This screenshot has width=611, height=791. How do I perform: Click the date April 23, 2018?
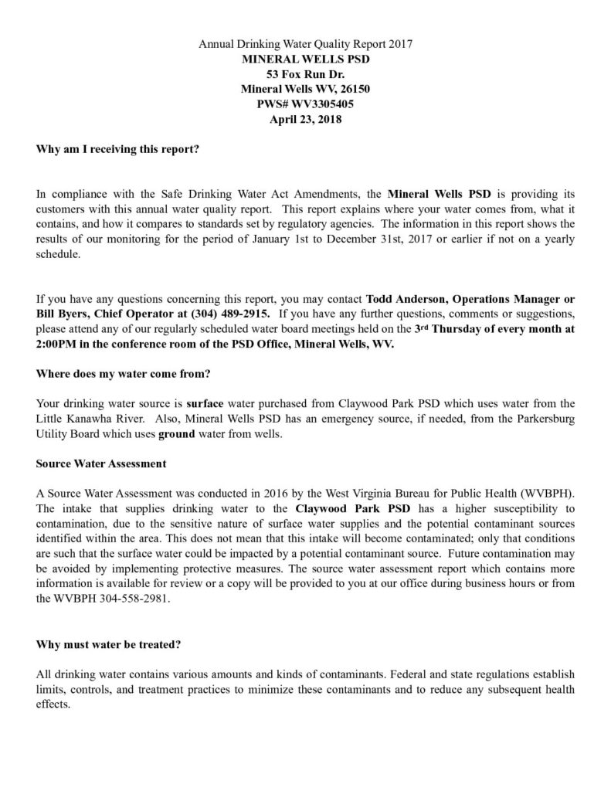[305, 119]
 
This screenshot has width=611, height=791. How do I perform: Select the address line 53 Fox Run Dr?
[305, 74]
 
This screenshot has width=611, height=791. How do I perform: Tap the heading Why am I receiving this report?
[118, 149]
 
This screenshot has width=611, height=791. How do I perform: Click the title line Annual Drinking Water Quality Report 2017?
[305, 44]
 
